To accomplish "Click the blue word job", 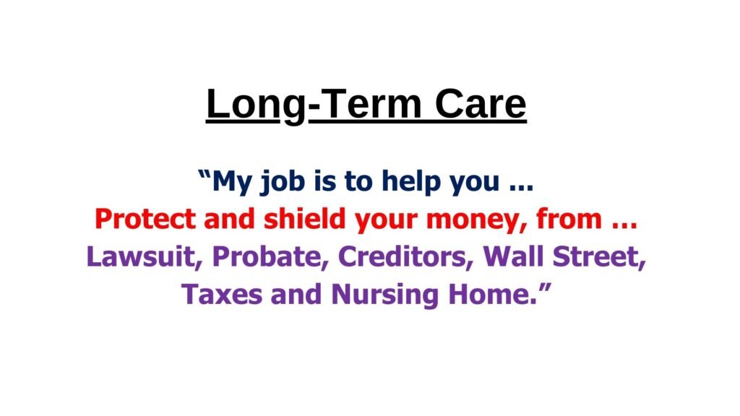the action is pyautogui.click(x=283, y=181).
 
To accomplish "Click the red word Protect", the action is pyautogui.click(x=145, y=219).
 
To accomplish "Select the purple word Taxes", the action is pyautogui.click(x=222, y=294).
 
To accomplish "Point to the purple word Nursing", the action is pyautogui.click(x=384, y=295).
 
